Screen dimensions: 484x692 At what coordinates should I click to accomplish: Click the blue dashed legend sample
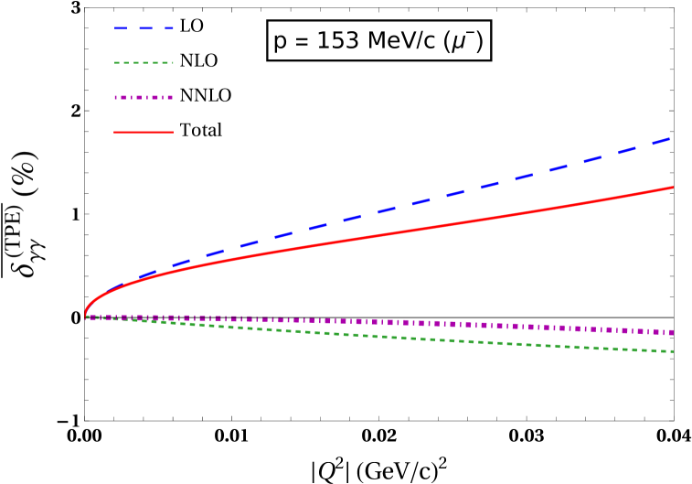[144, 28]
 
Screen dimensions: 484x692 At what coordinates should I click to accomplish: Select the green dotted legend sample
[144, 63]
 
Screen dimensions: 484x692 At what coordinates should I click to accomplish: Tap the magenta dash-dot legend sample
[144, 97]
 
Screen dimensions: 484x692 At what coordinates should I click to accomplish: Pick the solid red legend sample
[144, 132]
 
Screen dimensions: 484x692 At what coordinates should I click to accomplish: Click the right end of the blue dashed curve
[672, 138]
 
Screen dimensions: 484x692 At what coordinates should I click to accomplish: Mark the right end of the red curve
[673, 188]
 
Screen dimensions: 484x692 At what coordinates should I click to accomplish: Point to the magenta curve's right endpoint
[673, 332]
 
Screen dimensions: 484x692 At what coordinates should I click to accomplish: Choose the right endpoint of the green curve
[673, 351]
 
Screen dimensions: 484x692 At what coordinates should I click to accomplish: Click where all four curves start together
[86, 317]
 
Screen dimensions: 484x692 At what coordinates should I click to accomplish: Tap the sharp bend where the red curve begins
[87, 307]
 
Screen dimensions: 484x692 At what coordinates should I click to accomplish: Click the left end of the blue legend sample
[115, 28]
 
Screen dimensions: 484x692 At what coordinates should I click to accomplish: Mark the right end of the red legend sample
[173, 132]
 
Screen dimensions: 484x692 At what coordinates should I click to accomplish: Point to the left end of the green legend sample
[115, 63]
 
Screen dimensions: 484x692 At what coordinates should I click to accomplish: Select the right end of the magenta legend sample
[173, 97]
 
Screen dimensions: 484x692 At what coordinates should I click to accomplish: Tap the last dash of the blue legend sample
[168, 28]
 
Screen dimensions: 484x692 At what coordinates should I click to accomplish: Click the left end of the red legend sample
[115, 132]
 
